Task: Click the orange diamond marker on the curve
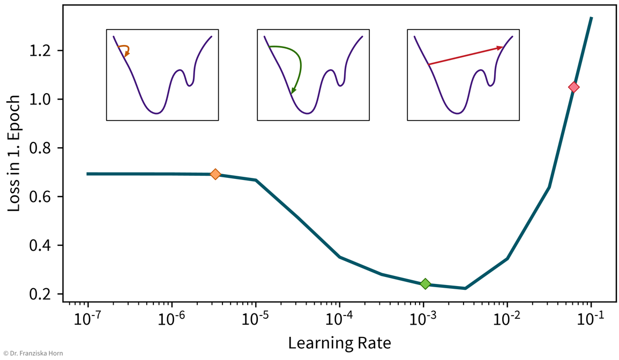tap(215, 174)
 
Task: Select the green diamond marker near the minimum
tap(425, 283)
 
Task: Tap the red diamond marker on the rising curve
tap(573, 87)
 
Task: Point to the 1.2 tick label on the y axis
tap(45, 51)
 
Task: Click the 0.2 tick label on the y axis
tap(45, 294)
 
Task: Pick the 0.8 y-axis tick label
tap(45, 148)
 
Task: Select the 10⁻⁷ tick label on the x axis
tap(87, 319)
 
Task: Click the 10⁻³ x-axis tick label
tap(423, 319)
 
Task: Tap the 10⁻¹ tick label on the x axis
tap(591, 319)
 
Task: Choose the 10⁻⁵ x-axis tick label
tap(255, 319)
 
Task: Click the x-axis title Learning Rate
tap(339, 343)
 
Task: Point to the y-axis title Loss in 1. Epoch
tap(14, 153)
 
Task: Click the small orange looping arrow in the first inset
tap(125, 49)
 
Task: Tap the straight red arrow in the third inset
tap(465, 56)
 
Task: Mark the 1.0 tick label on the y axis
tap(45, 100)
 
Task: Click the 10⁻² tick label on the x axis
tap(507, 319)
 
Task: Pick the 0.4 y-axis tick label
tap(45, 245)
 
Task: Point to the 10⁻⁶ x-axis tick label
tap(171, 319)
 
